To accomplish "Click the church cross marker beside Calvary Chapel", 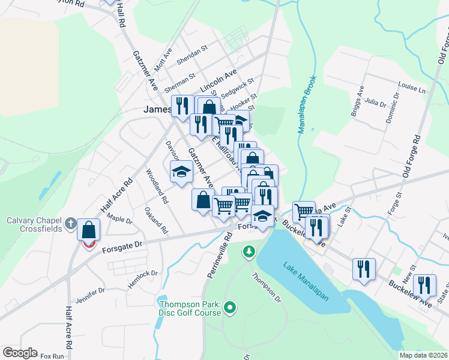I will pyautogui.click(x=70, y=224).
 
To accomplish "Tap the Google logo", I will pyautogui.click(x=20, y=353).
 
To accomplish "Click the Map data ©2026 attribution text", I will pyautogui.click(x=423, y=355).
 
